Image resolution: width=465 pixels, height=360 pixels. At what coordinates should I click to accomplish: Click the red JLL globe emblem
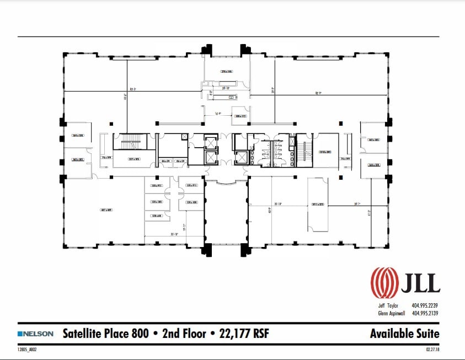(383, 282)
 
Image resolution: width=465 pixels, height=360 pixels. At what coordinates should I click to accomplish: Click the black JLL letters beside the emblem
(420, 282)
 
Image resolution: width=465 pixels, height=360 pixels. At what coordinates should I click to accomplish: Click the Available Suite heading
(404, 334)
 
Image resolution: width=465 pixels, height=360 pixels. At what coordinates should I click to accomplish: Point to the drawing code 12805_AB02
(29, 349)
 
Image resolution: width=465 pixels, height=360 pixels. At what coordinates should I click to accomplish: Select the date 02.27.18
(432, 349)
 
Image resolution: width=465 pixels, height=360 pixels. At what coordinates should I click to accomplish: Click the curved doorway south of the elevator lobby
(226, 182)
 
